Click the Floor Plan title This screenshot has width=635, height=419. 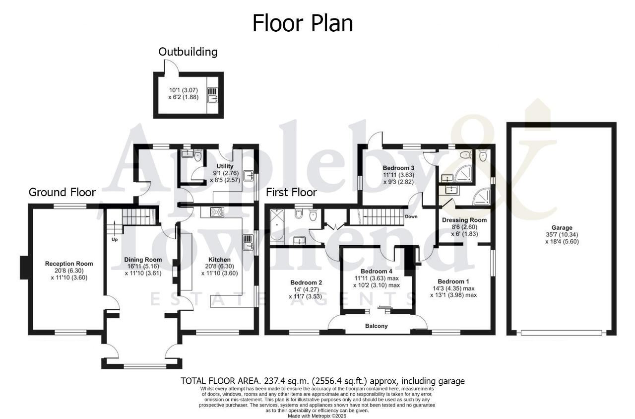click(303, 23)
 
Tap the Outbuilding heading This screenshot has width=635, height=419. click(188, 52)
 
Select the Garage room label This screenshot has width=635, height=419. click(562, 227)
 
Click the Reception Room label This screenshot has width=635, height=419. click(69, 264)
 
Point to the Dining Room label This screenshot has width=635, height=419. click(143, 260)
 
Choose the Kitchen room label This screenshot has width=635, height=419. click(219, 260)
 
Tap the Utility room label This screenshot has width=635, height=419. click(225, 166)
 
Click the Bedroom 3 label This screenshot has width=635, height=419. click(398, 168)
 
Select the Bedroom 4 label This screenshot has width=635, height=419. click(376, 271)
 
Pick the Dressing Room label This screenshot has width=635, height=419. click(464, 220)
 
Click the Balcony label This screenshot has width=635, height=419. click(376, 326)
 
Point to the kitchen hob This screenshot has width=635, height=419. click(217, 212)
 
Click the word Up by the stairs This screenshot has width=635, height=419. click(115, 239)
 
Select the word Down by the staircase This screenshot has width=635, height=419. click(411, 216)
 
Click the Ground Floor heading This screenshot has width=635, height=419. click(62, 192)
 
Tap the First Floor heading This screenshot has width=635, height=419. click(291, 192)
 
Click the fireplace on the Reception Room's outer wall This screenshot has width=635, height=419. click(24, 268)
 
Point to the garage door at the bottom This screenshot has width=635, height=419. click(561, 333)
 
